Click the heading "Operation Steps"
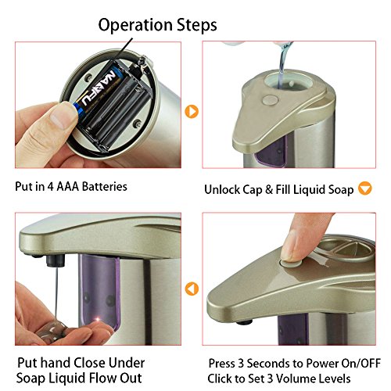157,25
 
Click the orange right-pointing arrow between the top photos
192,111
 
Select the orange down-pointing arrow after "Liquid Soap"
365,188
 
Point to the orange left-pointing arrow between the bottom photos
192,289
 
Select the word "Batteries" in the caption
105,187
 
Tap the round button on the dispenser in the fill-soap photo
270,100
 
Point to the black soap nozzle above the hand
56,261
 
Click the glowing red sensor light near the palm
99,320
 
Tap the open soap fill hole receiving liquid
288,81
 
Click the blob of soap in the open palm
52,332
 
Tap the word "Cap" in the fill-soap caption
252,190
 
